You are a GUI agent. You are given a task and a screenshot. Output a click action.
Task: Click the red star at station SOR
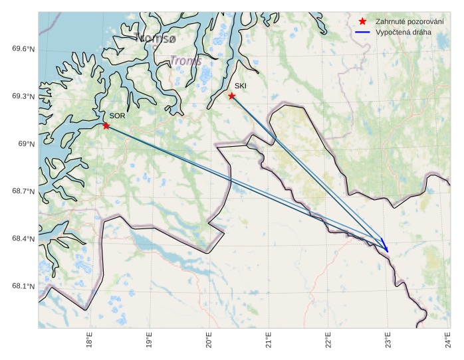[106, 126]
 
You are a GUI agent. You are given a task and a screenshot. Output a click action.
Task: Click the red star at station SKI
[231, 96]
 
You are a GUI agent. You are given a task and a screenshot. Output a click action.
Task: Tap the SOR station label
[117, 116]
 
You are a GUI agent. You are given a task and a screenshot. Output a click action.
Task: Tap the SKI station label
[240, 86]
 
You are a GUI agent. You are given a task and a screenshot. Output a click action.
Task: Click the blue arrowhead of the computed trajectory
[386, 248]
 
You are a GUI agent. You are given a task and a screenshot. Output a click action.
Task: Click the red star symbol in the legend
[362, 22]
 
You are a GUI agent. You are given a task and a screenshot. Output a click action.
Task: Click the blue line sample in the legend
[362, 32]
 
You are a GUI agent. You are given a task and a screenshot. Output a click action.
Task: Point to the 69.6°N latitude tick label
[23, 49]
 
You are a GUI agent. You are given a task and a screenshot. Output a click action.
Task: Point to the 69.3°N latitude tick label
[23, 96]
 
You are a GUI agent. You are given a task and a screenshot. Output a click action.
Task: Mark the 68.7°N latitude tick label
[23, 191]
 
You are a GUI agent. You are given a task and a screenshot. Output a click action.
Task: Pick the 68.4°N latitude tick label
[23, 239]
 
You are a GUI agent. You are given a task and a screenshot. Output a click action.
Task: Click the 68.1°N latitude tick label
[23, 286]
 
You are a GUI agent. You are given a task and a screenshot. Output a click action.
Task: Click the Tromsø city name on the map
[156, 38]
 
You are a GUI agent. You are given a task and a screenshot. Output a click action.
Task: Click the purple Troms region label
[185, 61]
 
